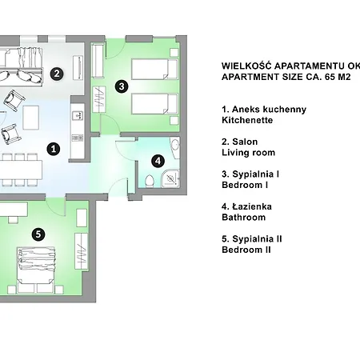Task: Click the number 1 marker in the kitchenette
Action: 54,149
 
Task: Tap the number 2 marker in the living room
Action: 57,74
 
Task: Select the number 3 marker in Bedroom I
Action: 122,86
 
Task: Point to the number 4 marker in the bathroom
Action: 158,161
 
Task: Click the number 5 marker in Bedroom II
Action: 38,234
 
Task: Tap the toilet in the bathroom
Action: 150,180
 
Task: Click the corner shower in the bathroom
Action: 170,178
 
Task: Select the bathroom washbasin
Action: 175,148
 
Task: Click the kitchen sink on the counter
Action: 78,116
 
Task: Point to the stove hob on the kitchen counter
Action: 78,138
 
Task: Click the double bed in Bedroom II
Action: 36,270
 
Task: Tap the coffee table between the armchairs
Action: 31,118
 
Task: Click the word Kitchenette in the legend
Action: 247,120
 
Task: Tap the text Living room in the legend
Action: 248,153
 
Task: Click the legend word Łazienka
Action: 252,206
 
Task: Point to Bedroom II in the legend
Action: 246,250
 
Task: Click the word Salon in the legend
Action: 245,142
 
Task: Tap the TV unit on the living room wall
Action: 78,68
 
